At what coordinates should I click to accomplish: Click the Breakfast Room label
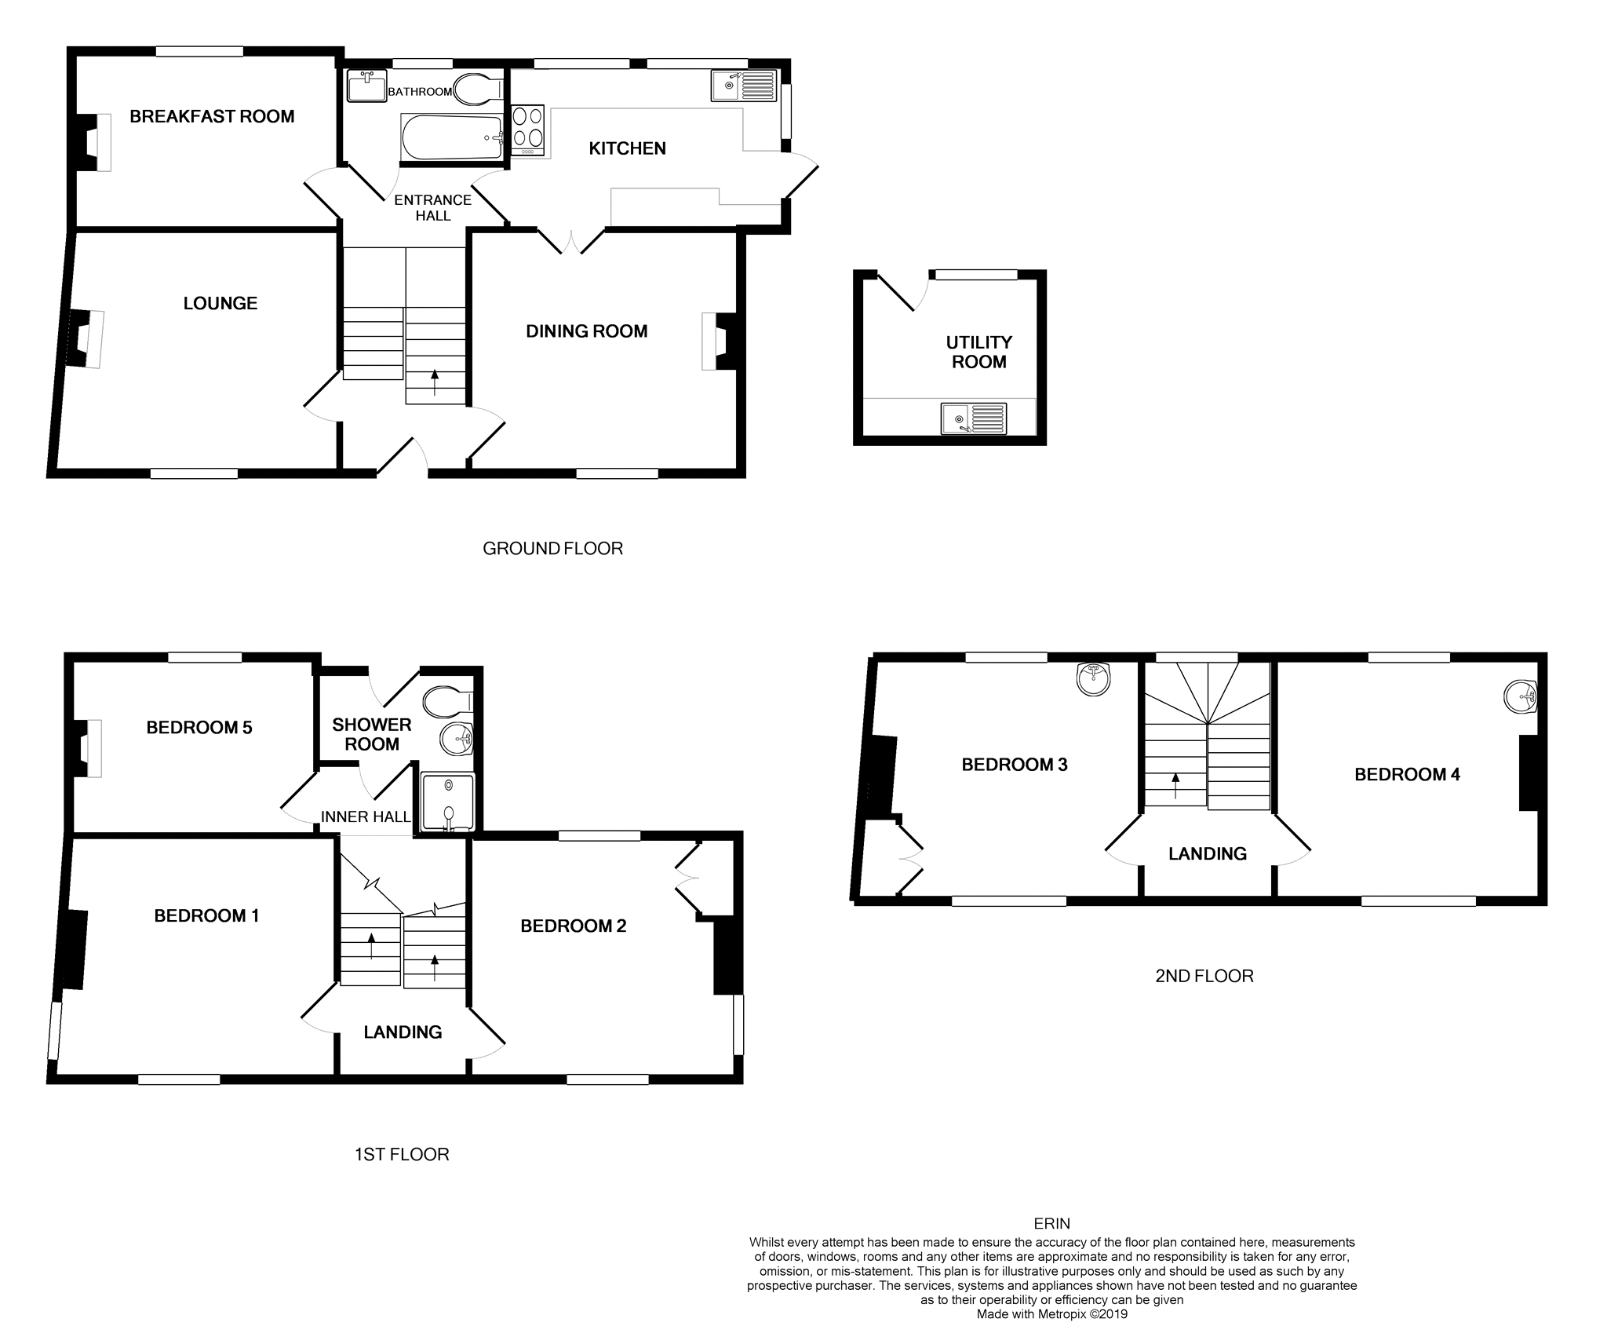coord(212,117)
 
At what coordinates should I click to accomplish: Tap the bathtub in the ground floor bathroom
coord(452,137)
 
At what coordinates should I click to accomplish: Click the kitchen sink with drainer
coord(744,86)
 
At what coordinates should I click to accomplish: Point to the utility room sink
coord(974,418)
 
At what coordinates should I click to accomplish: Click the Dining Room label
coord(586,331)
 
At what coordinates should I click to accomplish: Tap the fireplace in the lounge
coord(86,338)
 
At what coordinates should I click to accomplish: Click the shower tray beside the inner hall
coord(448,802)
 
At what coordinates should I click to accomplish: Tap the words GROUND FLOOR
coord(552,549)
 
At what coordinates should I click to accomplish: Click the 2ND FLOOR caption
coord(1204,976)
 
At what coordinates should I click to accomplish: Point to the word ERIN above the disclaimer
coord(1051,1223)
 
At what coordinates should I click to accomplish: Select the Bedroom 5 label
coord(199,728)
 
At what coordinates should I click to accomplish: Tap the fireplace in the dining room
coord(717,341)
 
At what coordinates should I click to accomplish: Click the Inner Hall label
coord(366,817)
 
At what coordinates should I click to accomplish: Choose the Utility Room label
coord(978,352)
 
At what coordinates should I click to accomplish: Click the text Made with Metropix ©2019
coord(1051,1314)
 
